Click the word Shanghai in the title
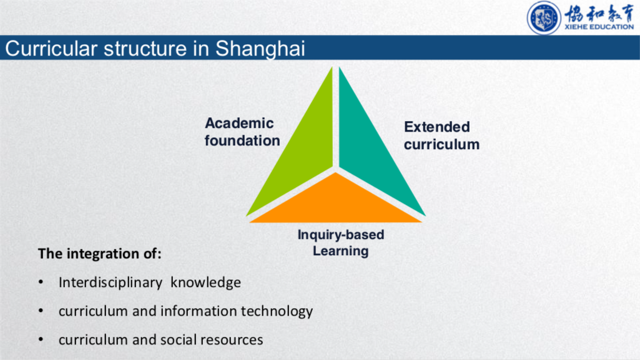click(260, 49)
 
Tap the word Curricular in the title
click(51, 48)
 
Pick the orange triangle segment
click(335, 202)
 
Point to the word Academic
click(239, 123)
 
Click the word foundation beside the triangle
click(242, 140)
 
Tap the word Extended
click(436, 127)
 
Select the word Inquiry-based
click(341, 235)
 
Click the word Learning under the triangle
click(341, 251)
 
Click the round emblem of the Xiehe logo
click(544, 18)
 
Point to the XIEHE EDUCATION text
click(599, 27)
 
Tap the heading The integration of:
click(100, 253)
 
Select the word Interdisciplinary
click(111, 283)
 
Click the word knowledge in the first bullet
click(205, 282)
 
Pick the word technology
click(277, 311)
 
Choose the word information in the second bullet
click(199, 311)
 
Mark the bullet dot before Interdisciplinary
click(41, 282)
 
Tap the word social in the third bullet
click(179, 339)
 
